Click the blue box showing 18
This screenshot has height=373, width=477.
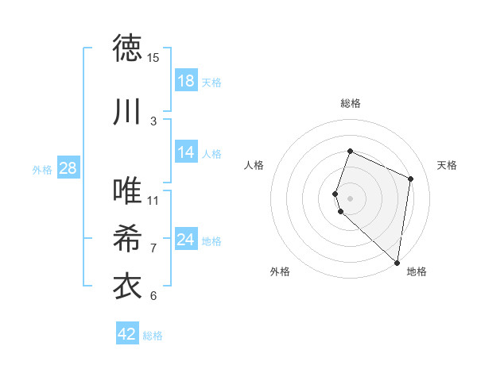point(186,81)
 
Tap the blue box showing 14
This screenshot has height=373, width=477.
point(186,152)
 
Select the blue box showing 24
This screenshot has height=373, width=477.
point(186,240)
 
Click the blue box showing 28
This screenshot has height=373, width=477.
point(67,168)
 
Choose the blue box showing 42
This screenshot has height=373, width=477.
point(127,334)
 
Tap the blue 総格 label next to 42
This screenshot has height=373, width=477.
point(153,336)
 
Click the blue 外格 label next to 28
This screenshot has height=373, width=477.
point(41,169)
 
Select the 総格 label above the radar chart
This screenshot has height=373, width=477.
point(350,103)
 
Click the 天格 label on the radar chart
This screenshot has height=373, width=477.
point(448,165)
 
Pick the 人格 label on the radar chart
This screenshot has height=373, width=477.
point(254,165)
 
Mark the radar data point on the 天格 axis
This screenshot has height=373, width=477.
point(411,179)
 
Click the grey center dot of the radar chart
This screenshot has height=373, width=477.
point(350,198)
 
